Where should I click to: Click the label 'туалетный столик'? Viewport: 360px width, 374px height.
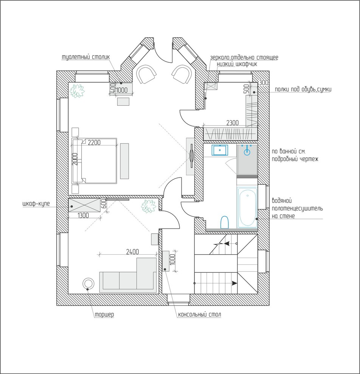point(86,57)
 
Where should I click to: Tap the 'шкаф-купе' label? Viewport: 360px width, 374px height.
point(36,204)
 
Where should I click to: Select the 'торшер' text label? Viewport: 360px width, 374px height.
point(104,315)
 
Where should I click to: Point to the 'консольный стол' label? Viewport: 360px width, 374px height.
point(200,315)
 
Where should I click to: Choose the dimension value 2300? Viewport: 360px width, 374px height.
point(232,123)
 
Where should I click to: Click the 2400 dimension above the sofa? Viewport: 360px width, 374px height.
point(132,252)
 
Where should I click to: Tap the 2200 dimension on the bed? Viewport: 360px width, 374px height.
point(94,143)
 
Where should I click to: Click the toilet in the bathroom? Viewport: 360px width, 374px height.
point(225,222)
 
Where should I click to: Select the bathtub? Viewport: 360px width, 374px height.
point(247,207)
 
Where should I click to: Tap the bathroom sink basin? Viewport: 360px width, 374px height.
point(220,150)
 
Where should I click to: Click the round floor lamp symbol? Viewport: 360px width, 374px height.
point(88,283)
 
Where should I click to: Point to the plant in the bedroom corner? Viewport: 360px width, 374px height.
point(78,91)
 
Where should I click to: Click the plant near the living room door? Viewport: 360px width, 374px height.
point(148,206)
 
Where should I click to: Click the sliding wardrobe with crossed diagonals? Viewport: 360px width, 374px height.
point(84,205)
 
